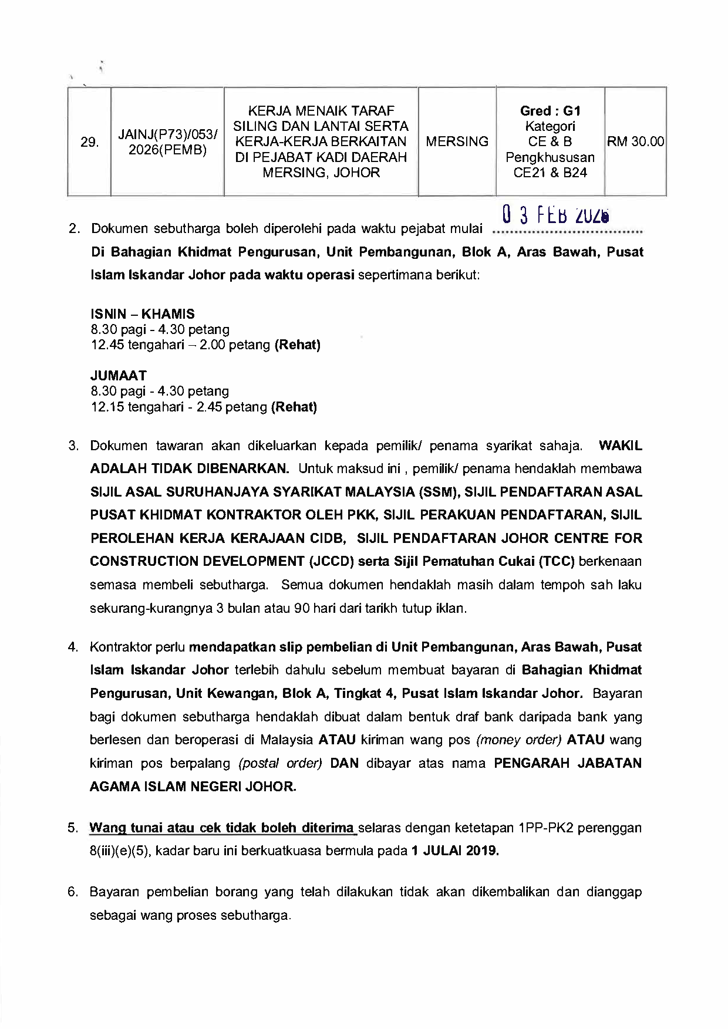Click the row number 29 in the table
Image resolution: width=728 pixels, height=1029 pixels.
pos(89,142)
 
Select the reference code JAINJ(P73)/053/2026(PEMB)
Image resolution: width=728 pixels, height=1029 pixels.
pos(167,142)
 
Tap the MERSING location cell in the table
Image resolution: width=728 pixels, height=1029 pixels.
pos(457,141)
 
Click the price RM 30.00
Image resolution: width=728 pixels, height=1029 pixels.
pos(636,141)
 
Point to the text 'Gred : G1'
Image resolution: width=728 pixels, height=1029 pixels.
pos(550,111)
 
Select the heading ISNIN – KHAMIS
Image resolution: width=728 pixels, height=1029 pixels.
pos(143,313)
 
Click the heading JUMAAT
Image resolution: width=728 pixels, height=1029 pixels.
pos(119,375)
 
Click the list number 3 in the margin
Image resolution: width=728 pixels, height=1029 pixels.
pos(73,446)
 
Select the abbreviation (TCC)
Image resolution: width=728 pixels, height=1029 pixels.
pos(557,561)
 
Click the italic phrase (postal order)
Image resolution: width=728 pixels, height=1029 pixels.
pos(281,763)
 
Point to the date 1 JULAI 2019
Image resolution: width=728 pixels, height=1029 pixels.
pos(455,851)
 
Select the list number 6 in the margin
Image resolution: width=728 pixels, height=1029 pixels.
pos(73,892)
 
